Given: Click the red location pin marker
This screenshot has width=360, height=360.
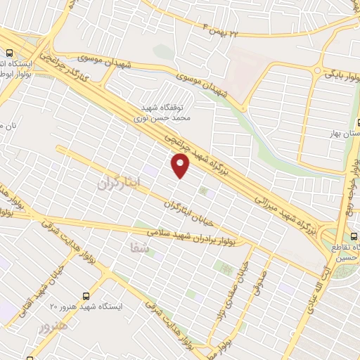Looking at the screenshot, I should click(x=181, y=165).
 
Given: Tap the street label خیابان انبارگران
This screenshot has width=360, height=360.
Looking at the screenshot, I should click(x=191, y=212).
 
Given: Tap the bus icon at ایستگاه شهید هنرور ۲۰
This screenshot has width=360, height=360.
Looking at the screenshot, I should click(x=86, y=296).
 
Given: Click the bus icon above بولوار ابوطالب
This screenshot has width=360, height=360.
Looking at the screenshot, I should click(x=10, y=53).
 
